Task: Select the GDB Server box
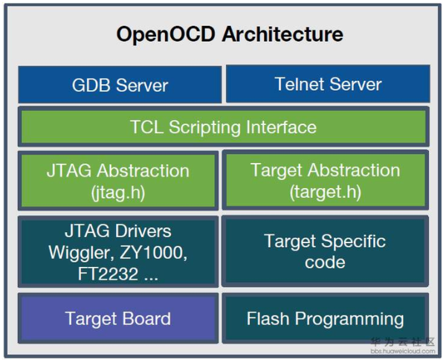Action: pyautogui.click(x=120, y=85)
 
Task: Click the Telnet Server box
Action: pyautogui.click(x=328, y=84)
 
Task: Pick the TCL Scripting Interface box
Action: pyautogui.click(x=223, y=127)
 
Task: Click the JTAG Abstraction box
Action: pyautogui.click(x=119, y=181)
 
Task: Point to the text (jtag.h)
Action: pyautogui.click(x=119, y=192)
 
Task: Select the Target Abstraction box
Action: pyautogui.click(x=326, y=181)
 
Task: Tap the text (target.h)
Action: pyautogui.click(x=326, y=192)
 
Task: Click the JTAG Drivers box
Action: pyautogui.click(x=119, y=251)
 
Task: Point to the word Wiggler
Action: pyautogui.click(x=80, y=252)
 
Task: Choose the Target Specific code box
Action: pyautogui.click(x=326, y=251)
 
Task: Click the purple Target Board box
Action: pyautogui.click(x=119, y=319)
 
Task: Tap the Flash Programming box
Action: pyautogui.click(x=326, y=319)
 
